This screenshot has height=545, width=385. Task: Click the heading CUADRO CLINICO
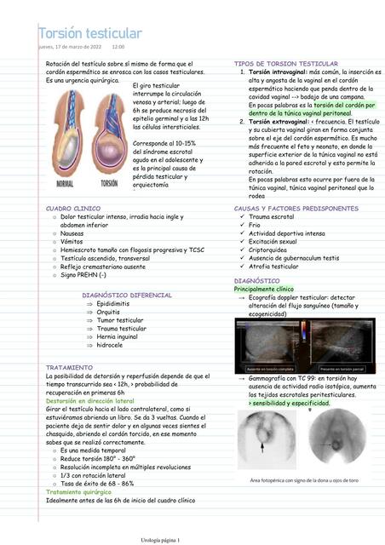(x=72, y=208)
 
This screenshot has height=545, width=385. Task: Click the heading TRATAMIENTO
(x=70, y=367)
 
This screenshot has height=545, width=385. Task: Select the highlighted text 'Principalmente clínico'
(x=263, y=289)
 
